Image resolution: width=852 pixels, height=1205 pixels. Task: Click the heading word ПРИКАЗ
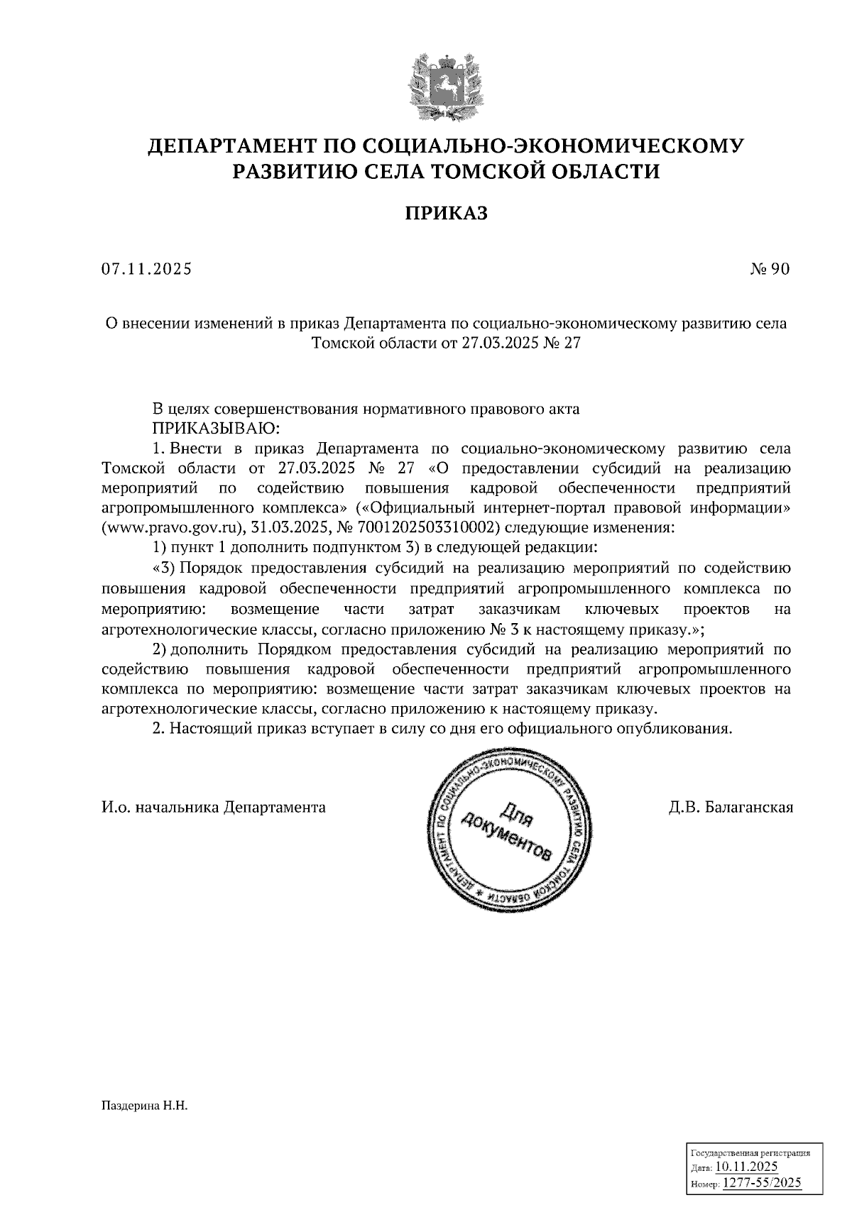coord(446,213)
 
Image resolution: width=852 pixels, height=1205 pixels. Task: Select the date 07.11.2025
coord(146,269)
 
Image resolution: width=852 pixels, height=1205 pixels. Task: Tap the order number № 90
coord(769,269)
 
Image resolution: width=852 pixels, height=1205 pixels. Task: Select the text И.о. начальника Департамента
coord(214,808)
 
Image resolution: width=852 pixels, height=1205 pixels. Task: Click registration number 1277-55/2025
coord(761,1182)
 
